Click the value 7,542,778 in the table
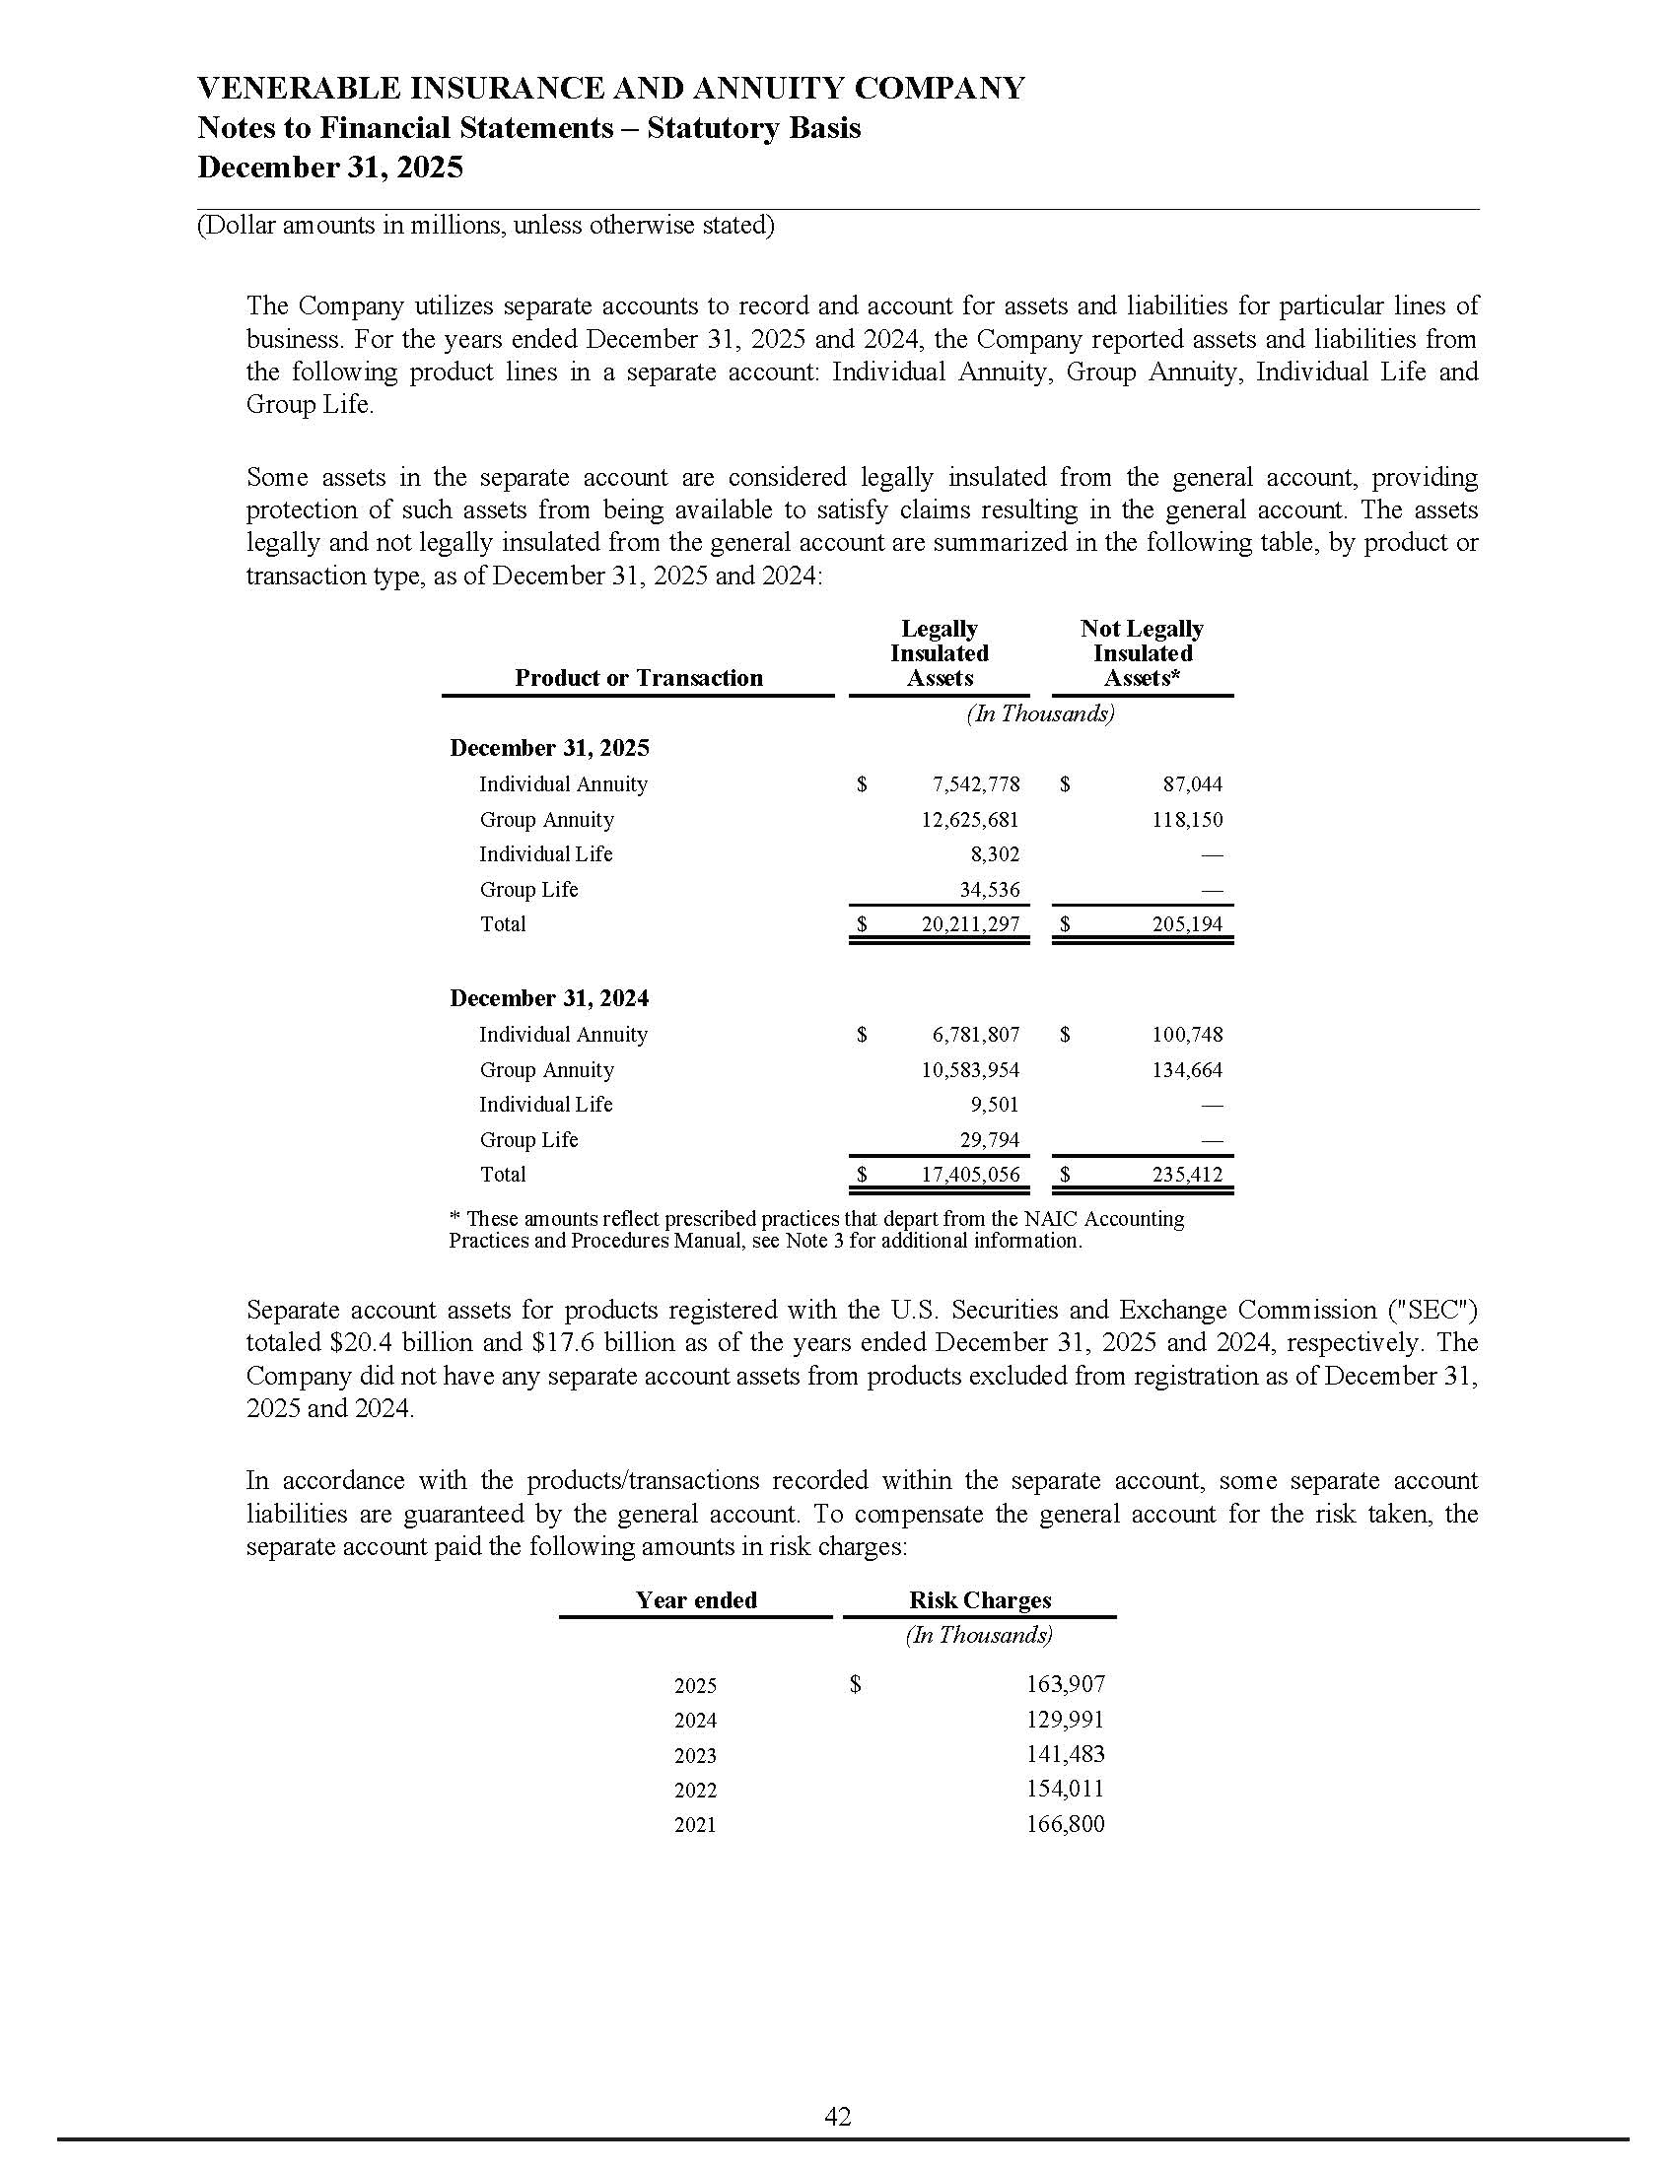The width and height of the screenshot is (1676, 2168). coord(975,784)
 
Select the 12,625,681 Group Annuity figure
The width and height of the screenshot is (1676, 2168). coord(969,820)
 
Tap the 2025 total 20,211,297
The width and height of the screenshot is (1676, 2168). coord(969,924)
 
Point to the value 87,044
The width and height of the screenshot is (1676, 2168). coord(1193,784)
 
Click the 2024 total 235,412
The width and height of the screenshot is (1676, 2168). coord(1188,1175)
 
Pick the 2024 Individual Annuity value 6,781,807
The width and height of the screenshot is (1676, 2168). coord(975,1035)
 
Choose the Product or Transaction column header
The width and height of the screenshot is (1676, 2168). coord(639,678)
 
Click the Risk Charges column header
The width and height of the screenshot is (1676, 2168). coord(979,1600)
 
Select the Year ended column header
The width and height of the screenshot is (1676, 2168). coord(696,1600)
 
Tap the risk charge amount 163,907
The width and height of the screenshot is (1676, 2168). coord(1066,1684)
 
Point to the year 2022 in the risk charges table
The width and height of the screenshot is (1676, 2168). coord(695,1791)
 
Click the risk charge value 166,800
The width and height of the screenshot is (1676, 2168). coord(1066,1824)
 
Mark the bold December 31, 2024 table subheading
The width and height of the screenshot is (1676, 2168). coord(549,998)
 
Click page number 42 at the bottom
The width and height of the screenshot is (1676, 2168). coord(837,2118)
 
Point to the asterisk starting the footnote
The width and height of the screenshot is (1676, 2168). coord(454,1218)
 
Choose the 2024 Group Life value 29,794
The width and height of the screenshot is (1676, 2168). coord(989,1139)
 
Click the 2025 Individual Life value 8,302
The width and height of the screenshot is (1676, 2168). coord(995,854)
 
